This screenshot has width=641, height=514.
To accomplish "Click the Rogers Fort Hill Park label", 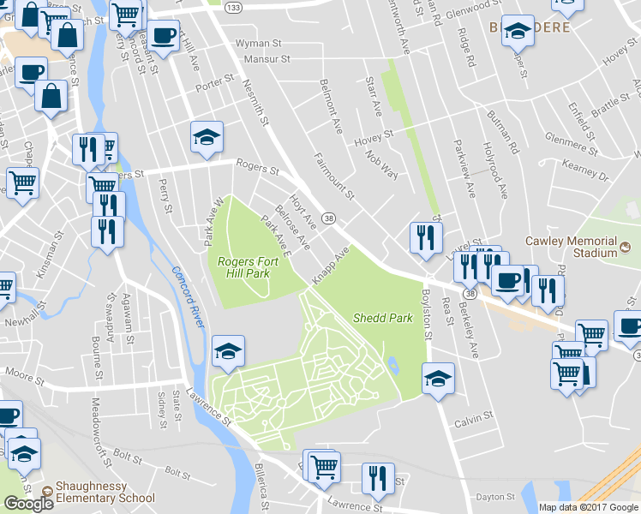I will click(x=243, y=267).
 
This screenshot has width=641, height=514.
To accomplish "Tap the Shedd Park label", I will click(x=383, y=318).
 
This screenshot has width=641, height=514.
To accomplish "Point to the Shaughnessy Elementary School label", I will click(x=105, y=492).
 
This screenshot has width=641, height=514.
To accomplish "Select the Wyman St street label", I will click(x=258, y=43).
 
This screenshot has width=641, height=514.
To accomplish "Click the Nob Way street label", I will click(x=383, y=164).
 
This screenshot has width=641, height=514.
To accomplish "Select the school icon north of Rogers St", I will click(x=206, y=137).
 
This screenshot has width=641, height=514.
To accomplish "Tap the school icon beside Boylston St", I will click(x=438, y=377).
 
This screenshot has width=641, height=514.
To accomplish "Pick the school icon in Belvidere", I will click(x=518, y=33).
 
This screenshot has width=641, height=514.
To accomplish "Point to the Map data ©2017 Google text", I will click(x=588, y=507).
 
